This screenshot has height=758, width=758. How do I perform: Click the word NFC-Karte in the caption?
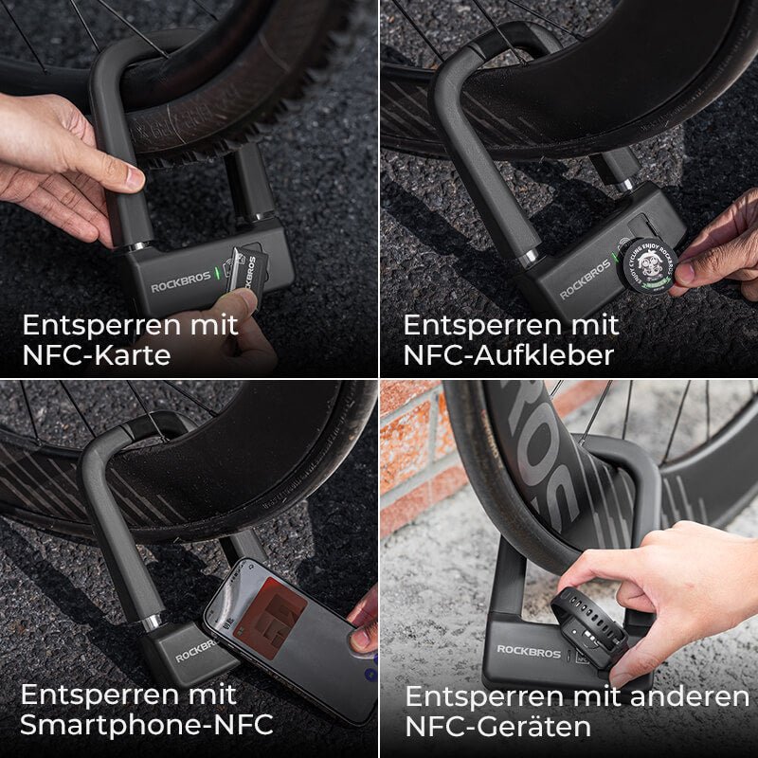coord(97,356)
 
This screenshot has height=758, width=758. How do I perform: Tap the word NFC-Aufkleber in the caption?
coord(509,355)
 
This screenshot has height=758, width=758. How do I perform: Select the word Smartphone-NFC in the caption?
coord(147,725)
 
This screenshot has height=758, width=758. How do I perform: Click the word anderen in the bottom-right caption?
coord(685,696)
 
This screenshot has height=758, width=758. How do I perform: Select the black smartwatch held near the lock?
coord(589,625)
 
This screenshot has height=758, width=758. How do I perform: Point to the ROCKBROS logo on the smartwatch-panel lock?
coord(529,650)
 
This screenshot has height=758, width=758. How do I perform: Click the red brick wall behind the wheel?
coord(412,445)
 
